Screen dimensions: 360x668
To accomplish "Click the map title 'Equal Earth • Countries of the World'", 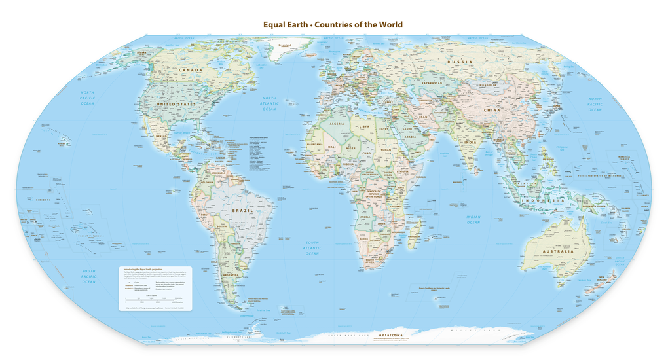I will [333, 25].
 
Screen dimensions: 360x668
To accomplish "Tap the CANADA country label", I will [191, 70].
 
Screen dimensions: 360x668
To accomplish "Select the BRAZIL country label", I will [242, 211].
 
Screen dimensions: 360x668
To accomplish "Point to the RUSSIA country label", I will [460, 62].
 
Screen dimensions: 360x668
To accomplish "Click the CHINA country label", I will [492, 110].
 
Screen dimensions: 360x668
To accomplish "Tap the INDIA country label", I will [470, 142].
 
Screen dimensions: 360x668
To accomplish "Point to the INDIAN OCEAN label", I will [473, 219].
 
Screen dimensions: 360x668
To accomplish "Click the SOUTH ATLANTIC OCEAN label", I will [312, 247].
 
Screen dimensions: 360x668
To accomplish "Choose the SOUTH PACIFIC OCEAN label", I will [88, 276].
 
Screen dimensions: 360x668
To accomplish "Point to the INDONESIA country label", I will [543, 199].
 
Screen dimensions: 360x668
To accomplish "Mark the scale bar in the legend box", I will [152, 298].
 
